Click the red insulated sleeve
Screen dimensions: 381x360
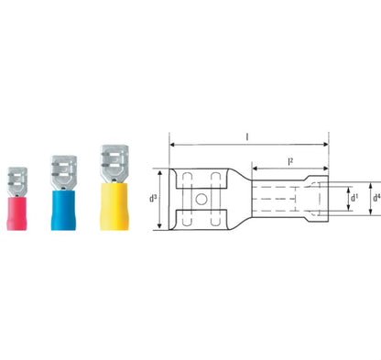[16, 213]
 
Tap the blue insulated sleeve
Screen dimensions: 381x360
[63, 210]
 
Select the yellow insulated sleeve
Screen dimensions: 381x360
[114, 206]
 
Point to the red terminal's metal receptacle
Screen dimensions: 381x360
[17, 181]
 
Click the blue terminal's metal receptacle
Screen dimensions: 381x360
[64, 173]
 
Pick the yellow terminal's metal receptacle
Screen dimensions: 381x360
[114, 164]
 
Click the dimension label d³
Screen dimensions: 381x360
[153, 199]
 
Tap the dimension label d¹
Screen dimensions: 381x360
[354, 198]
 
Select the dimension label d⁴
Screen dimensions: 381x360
[376, 198]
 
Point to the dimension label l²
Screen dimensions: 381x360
[290, 161]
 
